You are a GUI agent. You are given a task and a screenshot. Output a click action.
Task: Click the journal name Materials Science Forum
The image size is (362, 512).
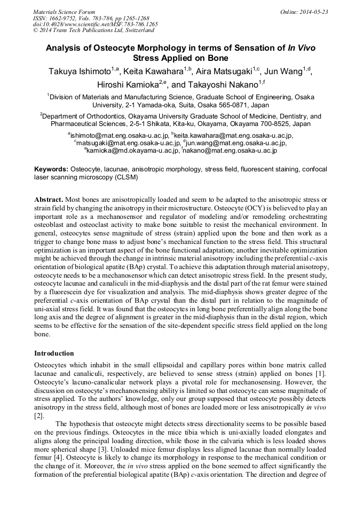tap(64, 12)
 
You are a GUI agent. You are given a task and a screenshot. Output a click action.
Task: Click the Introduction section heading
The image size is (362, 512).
tap(54, 353)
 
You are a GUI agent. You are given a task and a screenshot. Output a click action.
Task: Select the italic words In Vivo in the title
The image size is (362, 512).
tap(302, 48)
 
